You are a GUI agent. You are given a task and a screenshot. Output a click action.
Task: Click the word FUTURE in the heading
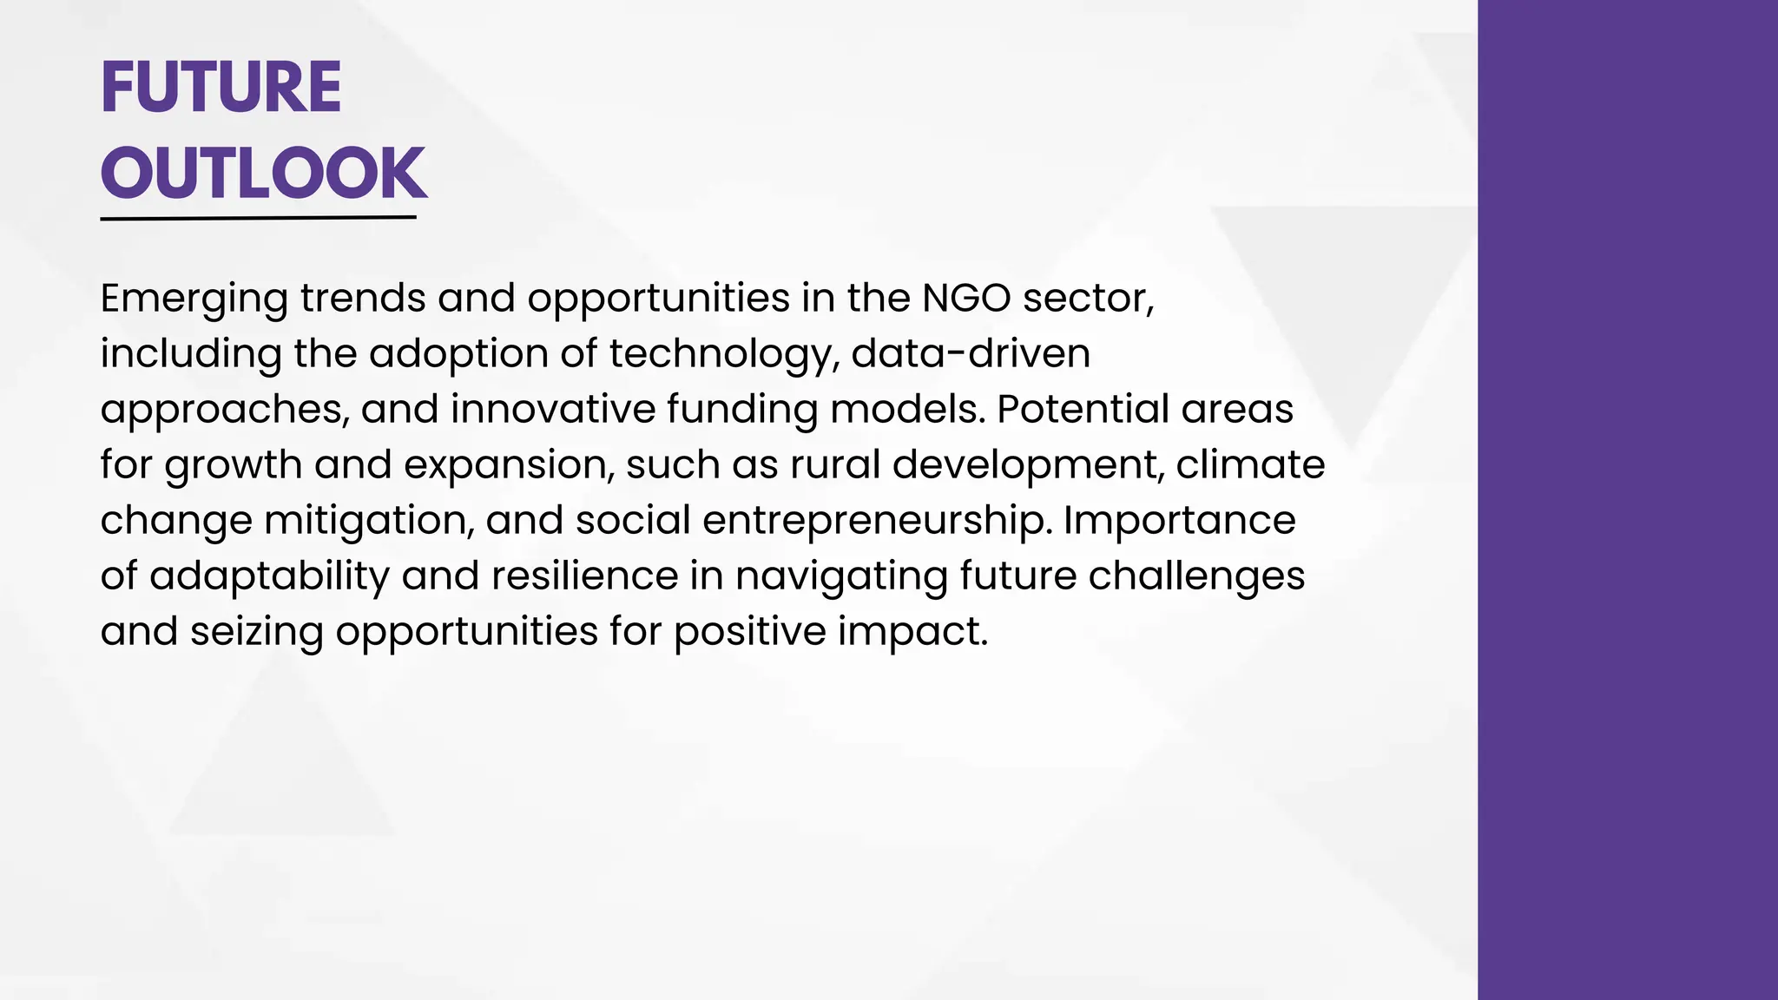(x=221, y=88)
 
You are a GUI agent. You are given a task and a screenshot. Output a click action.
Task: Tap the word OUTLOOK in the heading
(x=263, y=173)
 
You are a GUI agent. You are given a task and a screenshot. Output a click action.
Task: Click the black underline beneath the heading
(x=258, y=218)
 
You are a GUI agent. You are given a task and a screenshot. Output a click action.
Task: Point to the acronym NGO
(x=965, y=298)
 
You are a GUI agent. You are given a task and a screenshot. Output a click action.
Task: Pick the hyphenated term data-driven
(x=970, y=353)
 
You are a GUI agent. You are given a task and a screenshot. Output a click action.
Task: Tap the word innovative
(x=552, y=409)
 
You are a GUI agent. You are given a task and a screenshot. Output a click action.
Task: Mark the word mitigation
(x=369, y=521)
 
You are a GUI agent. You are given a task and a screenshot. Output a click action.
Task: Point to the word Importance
(x=1179, y=520)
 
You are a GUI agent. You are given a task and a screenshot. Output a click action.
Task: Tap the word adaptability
(x=269, y=576)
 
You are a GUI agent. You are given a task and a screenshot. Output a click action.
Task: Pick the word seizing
(x=257, y=632)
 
